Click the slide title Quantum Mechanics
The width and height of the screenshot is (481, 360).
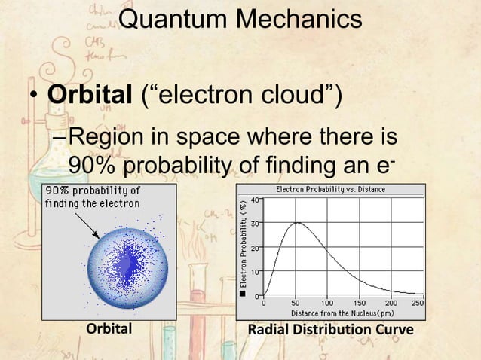click(240, 23)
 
